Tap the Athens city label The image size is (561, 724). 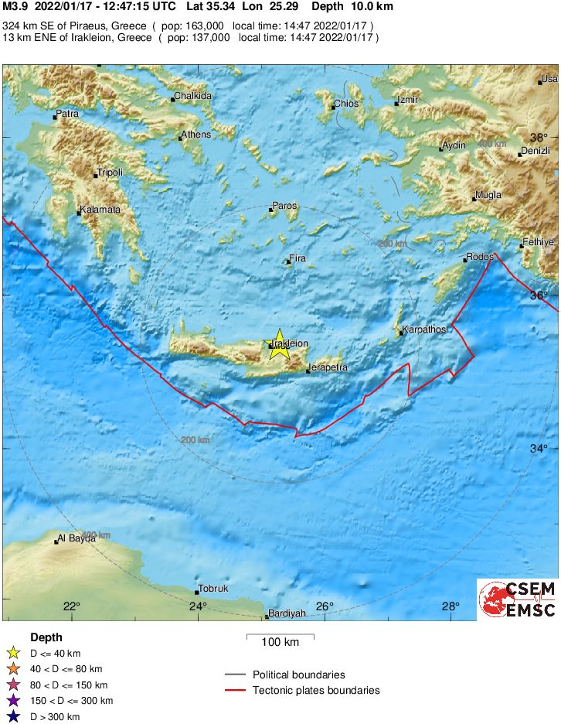[195, 135]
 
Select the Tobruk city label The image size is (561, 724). [214, 589]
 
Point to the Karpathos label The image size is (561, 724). [425, 330]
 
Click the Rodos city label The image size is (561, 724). [478, 258]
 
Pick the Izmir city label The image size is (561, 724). [408, 101]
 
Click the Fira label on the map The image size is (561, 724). [297, 258]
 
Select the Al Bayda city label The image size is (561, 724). [76, 538]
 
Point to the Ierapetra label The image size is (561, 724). [328, 367]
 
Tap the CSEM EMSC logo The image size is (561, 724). [517, 599]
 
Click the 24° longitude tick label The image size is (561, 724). [198, 606]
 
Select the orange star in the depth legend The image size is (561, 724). [13, 669]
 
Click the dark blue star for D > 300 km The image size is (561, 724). [13, 717]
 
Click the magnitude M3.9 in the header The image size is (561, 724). [15, 7]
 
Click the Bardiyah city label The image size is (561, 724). [287, 613]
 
